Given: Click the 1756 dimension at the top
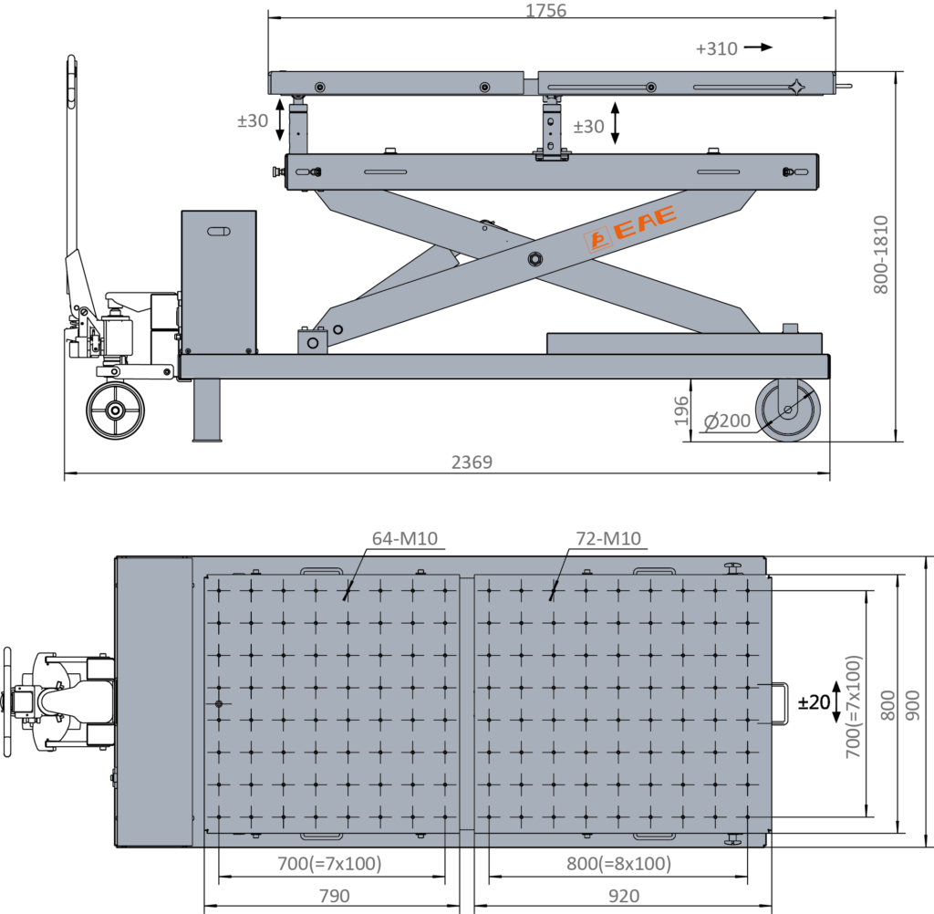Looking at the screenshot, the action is click(545, 10).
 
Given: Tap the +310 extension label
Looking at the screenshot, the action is click(717, 48).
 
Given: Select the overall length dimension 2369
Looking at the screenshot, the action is click(472, 462).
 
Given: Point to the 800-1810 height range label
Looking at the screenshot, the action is click(880, 254).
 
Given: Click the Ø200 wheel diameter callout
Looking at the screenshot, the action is click(727, 421).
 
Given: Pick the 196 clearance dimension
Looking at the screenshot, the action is click(680, 410).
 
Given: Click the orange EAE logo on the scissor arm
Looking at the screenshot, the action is click(630, 228).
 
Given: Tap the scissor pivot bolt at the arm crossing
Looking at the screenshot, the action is click(534, 258).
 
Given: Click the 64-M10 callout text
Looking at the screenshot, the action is click(405, 538).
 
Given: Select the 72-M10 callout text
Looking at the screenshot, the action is click(608, 538).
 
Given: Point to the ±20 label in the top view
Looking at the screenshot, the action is click(814, 701).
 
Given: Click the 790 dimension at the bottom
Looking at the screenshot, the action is click(334, 896).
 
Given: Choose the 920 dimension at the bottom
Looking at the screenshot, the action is click(624, 896).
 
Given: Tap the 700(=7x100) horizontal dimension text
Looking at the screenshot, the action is click(329, 863).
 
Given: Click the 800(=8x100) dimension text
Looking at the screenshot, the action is click(618, 863).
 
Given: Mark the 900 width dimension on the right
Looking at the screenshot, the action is click(912, 705).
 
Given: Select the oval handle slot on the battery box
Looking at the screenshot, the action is click(219, 231).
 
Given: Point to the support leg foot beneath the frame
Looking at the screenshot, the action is click(207, 440).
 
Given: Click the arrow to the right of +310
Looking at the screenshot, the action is click(758, 47).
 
